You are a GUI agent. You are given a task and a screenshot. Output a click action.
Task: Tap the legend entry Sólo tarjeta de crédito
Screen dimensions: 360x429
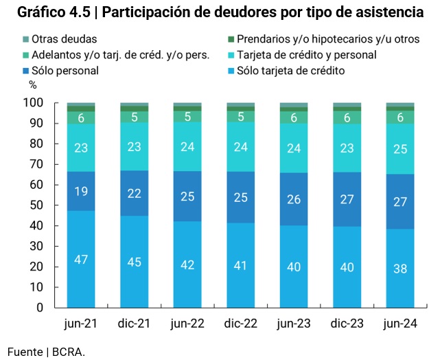coord(290,70)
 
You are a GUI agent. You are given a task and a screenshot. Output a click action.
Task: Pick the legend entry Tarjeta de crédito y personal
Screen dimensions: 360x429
coord(307,55)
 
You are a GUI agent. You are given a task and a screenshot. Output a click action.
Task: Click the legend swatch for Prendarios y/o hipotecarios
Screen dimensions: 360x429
coord(231,40)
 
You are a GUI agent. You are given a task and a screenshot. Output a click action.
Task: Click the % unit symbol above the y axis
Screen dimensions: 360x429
coord(32,86)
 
